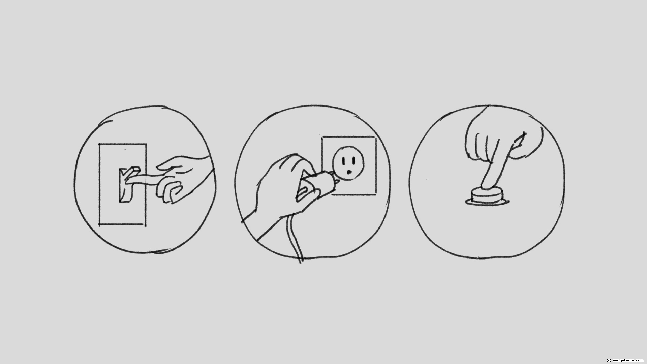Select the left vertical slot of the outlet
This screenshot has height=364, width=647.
pos(343,161)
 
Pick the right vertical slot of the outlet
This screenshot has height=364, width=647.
pos(352,161)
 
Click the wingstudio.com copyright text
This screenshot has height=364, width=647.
pos(625,360)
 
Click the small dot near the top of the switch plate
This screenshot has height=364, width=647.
pos(125,149)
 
